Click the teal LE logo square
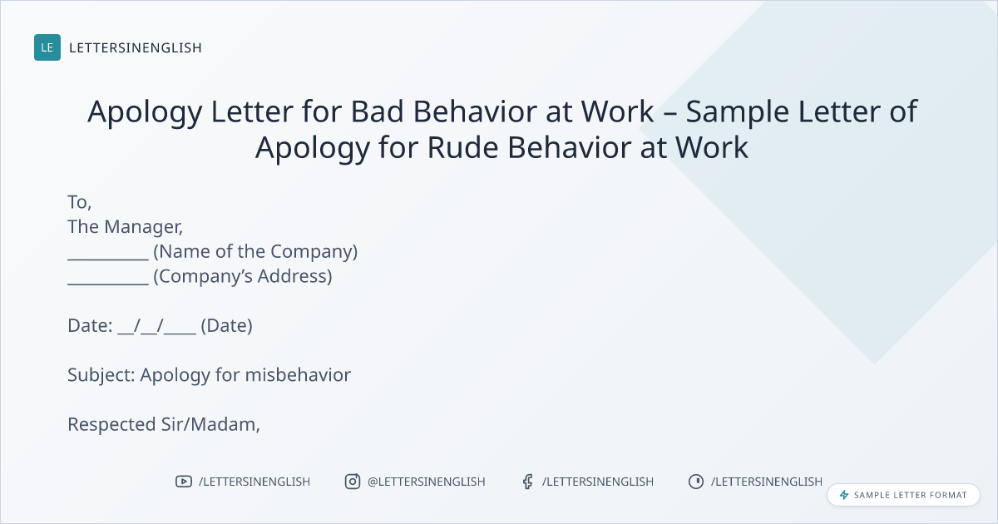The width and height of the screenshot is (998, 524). [x=47, y=47]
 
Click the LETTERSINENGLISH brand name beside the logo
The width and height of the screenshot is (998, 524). [x=136, y=47]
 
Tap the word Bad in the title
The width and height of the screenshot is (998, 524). [x=378, y=111]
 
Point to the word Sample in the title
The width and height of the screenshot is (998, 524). [x=737, y=111]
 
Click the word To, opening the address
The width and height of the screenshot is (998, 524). [x=79, y=202]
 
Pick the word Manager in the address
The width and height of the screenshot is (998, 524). [x=143, y=227]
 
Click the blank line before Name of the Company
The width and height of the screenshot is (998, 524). [x=108, y=259]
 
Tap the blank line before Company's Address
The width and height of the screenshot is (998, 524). [x=108, y=284]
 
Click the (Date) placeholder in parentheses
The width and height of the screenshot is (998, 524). [x=227, y=326]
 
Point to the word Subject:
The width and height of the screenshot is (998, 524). [x=101, y=375]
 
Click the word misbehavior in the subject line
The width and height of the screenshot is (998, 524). [x=298, y=375]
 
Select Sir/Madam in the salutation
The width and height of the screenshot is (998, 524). [x=210, y=424]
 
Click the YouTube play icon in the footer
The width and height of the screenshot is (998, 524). [x=184, y=482]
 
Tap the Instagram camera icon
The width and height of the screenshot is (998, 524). [x=353, y=482]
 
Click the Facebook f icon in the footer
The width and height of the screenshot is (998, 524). [x=528, y=482]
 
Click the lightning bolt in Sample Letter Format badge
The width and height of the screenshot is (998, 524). [x=844, y=495]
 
